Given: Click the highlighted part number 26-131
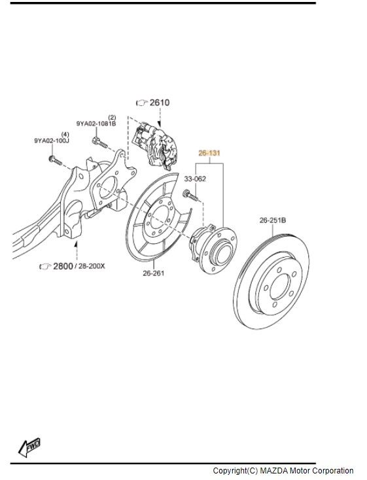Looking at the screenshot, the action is pyautogui.click(x=209, y=153).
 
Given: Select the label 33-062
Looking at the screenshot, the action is pyautogui.click(x=195, y=179).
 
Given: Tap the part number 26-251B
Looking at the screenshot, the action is pyautogui.click(x=273, y=220).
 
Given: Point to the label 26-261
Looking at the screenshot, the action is pyautogui.click(x=154, y=273).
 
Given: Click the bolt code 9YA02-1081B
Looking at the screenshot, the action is pyautogui.click(x=96, y=124).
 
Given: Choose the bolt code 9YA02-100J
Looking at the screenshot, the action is pyautogui.click(x=52, y=141).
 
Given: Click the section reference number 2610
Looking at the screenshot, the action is pyautogui.click(x=160, y=103).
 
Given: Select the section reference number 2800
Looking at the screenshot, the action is pyautogui.click(x=63, y=266).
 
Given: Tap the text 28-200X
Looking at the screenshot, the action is pyautogui.click(x=92, y=266).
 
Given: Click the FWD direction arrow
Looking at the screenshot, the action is pyautogui.click(x=29, y=447).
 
